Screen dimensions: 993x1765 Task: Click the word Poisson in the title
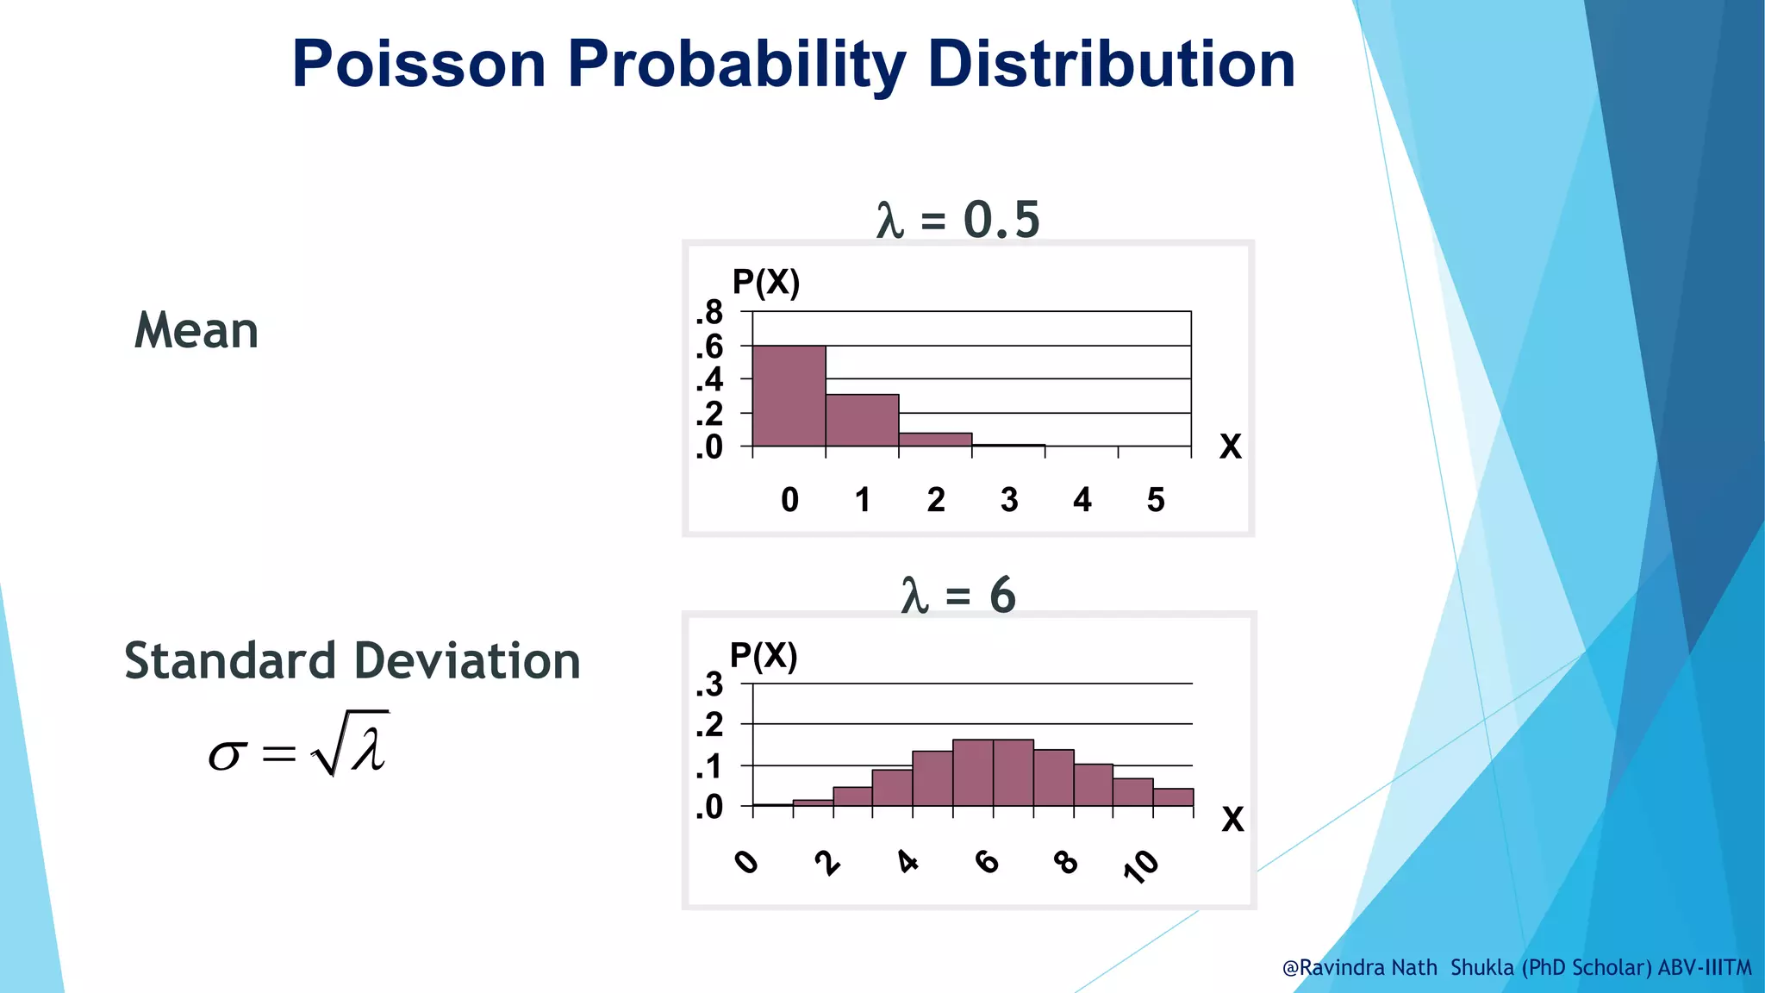pos(419,65)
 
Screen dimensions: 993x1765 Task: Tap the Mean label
pos(196,331)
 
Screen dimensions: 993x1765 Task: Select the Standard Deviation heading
pos(352,661)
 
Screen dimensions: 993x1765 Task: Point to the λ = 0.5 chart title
pos(957,220)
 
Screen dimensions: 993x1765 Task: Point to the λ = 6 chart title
pos(957,596)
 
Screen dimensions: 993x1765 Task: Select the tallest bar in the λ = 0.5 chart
pos(789,397)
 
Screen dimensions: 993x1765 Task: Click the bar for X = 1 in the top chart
pos(862,421)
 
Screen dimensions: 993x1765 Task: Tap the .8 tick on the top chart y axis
pos(709,312)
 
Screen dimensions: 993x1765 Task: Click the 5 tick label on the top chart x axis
pos(1156,500)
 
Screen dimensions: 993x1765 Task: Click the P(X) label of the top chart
pos(765,282)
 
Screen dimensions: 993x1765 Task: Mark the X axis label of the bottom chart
pos(1232,819)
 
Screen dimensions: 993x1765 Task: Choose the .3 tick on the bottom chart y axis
pos(709,685)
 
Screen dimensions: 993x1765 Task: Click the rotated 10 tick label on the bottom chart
pos(1141,865)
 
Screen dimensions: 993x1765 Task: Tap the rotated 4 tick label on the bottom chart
pos(907,861)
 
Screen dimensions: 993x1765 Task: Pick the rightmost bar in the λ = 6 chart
pos(1173,797)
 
